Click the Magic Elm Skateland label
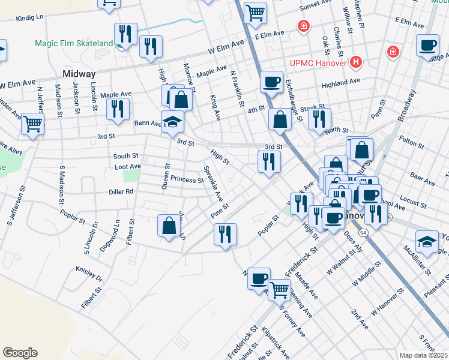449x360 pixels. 73,43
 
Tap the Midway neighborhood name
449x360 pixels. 79,74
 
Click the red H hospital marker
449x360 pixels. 357,62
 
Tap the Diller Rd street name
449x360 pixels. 121,192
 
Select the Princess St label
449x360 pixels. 187,179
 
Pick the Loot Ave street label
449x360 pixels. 127,166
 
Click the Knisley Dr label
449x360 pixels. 89,274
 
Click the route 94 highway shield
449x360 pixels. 363,232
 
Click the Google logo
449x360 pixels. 20,353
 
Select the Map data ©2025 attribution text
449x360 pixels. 423,355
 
